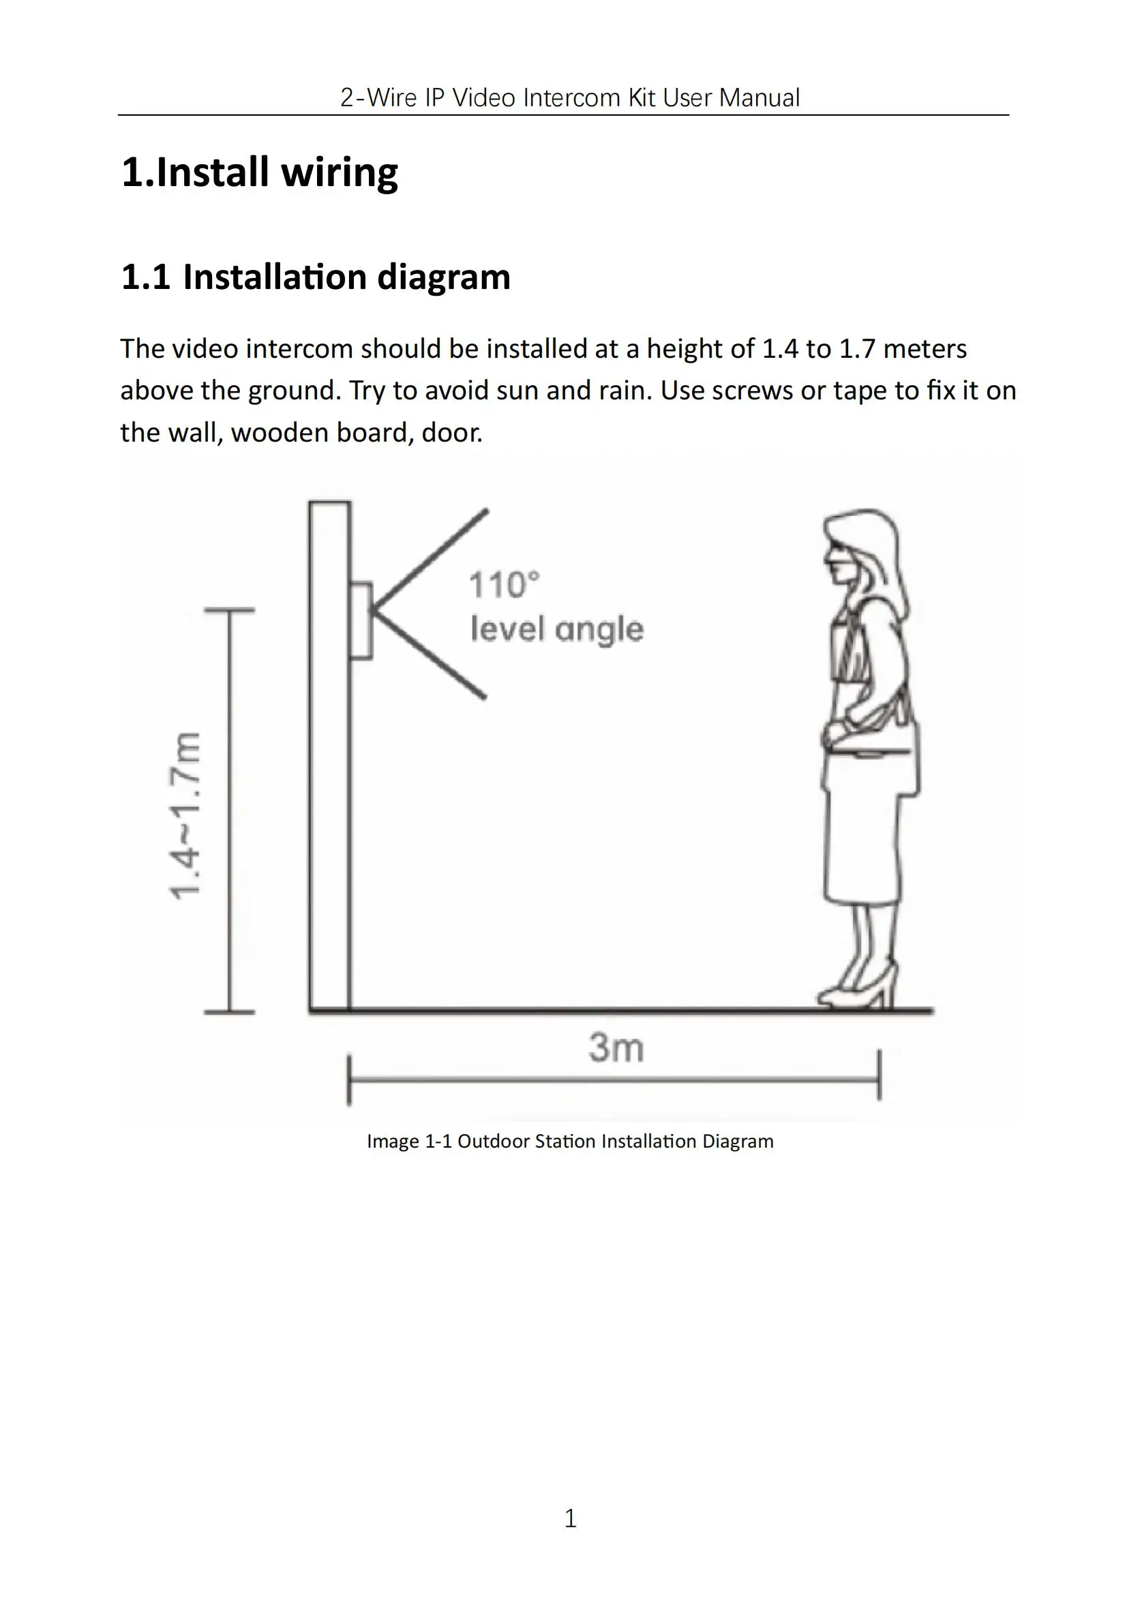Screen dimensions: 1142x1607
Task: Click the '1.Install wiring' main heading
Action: click(x=260, y=172)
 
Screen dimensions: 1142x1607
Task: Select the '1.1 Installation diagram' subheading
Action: click(x=316, y=277)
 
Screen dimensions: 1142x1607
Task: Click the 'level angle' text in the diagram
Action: click(x=557, y=628)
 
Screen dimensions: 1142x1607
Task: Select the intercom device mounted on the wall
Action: click(x=361, y=621)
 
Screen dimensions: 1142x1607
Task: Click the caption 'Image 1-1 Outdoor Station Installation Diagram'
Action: click(x=570, y=1141)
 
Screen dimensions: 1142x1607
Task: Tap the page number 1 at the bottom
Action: click(x=570, y=1519)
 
